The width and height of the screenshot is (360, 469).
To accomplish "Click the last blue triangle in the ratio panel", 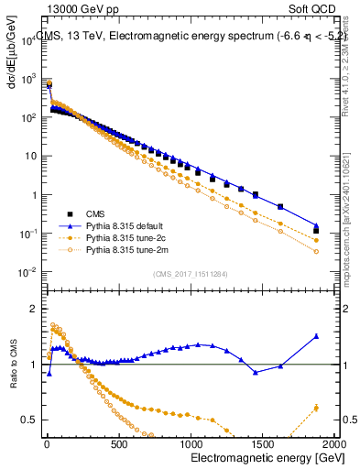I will click(x=316, y=336).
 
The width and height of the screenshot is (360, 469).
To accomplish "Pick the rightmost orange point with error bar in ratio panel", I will click(x=316, y=408).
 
